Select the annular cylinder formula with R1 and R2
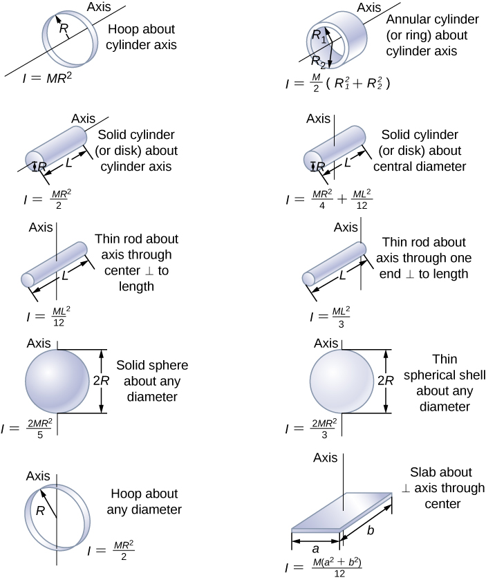click(338, 84)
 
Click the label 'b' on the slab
click(371, 531)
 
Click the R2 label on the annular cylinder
click(319, 59)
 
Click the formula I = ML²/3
click(329, 317)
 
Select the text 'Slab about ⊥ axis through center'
click(438, 488)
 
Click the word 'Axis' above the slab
click(325, 458)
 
